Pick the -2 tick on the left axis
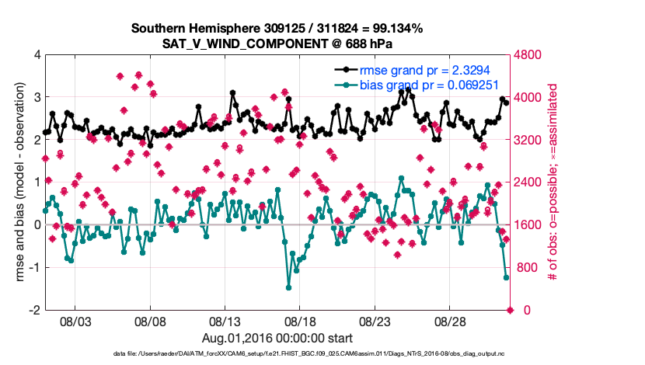pos(34,310)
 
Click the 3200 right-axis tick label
pos(529,140)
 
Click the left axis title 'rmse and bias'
pos(16,182)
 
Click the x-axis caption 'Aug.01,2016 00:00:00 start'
pos(277,338)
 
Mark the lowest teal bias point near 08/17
pos(288,287)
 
